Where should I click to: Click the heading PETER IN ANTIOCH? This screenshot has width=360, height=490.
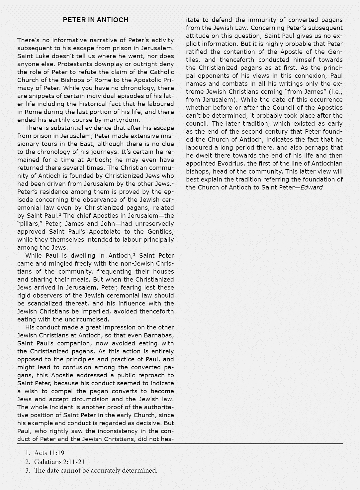coord(95,20)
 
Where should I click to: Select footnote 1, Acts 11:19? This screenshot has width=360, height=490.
coord(49,453)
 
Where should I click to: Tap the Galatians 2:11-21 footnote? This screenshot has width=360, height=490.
coord(59,462)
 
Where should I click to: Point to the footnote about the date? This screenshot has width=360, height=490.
coord(96,470)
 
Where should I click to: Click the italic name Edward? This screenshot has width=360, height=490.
coord(312,187)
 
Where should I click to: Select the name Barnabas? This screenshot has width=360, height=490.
coord(158,335)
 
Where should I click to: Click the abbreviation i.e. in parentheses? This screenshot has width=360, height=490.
coord(335,92)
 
